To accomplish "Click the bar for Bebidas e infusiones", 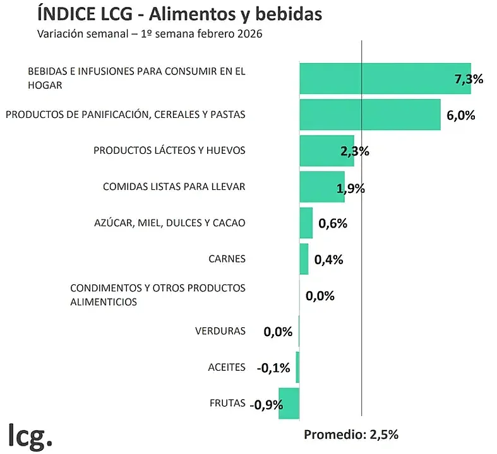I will (x=379, y=79).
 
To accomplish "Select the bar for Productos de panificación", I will (x=369, y=115).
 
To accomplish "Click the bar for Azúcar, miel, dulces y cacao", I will (x=306, y=223).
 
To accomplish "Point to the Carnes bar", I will (x=304, y=259).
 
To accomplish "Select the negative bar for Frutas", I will (x=289, y=403).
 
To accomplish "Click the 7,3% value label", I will (x=469, y=79).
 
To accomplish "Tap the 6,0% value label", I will (x=460, y=115).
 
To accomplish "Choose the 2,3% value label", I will (x=354, y=151).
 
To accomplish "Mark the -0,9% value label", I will (x=266, y=405).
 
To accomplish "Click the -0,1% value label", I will (x=273, y=368).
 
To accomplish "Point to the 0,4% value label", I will (x=328, y=259).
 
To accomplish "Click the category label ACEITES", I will (x=226, y=367).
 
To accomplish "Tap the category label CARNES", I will (x=226, y=259).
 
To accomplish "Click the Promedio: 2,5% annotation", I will (x=351, y=434).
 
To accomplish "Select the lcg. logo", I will (x=30, y=434).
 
